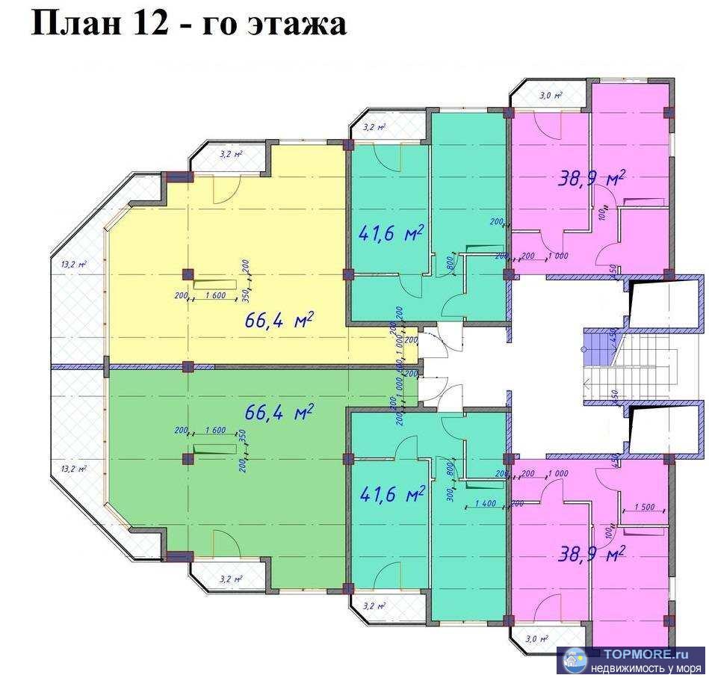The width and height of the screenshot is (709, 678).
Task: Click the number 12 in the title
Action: coord(148,23)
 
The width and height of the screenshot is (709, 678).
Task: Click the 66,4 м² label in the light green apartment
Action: coord(279,412)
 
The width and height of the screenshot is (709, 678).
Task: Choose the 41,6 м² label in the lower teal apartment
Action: coord(392,493)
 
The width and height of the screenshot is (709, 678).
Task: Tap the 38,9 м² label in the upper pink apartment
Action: coord(592,177)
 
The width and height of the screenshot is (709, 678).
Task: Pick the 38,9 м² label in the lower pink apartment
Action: coord(592,554)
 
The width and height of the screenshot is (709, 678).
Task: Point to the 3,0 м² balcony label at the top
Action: coord(551,95)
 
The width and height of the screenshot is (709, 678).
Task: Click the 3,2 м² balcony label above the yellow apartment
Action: coord(230,155)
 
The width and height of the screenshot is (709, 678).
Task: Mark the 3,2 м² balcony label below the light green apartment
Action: coord(230,579)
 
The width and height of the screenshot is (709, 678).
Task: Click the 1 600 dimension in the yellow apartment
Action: coord(215,296)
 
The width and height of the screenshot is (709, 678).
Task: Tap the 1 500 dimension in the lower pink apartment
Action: coord(644,507)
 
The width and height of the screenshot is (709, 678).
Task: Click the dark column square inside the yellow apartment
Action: coord(188,274)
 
